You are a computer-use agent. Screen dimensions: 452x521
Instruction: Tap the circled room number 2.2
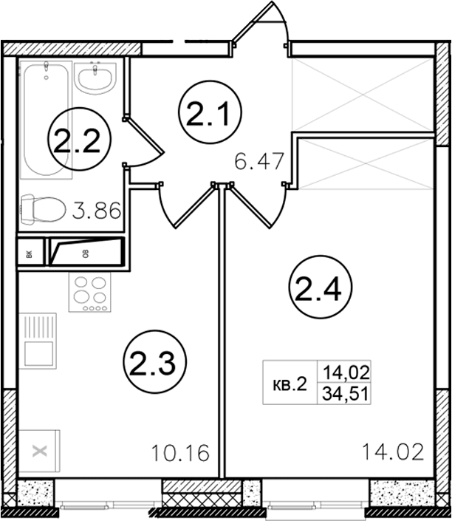click(79, 139)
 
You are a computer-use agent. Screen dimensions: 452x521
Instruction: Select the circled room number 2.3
click(155, 362)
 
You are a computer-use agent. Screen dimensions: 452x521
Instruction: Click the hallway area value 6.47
click(259, 161)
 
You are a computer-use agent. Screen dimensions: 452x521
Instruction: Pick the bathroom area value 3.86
click(96, 211)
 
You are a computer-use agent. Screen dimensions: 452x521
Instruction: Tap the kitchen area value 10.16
click(180, 453)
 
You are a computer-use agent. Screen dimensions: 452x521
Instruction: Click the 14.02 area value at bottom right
click(393, 452)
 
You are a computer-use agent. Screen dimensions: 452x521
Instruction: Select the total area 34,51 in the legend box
click(345, 395)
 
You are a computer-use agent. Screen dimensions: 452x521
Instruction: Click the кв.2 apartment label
click(290, 385)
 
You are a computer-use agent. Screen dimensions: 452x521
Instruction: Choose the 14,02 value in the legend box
click(346, 372)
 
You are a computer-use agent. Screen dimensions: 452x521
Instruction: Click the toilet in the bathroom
click(43, 208)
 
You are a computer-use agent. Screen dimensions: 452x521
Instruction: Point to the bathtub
click(46, 119)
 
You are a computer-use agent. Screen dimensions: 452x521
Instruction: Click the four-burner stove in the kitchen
click(89, 292)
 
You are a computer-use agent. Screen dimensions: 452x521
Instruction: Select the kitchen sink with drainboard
click(38, 341)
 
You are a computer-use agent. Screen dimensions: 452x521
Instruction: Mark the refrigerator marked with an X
click(39, 452)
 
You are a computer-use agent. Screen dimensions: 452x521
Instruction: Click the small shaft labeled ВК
click(30, 252)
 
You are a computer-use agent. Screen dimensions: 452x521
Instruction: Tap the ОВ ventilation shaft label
click(86, 254)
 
